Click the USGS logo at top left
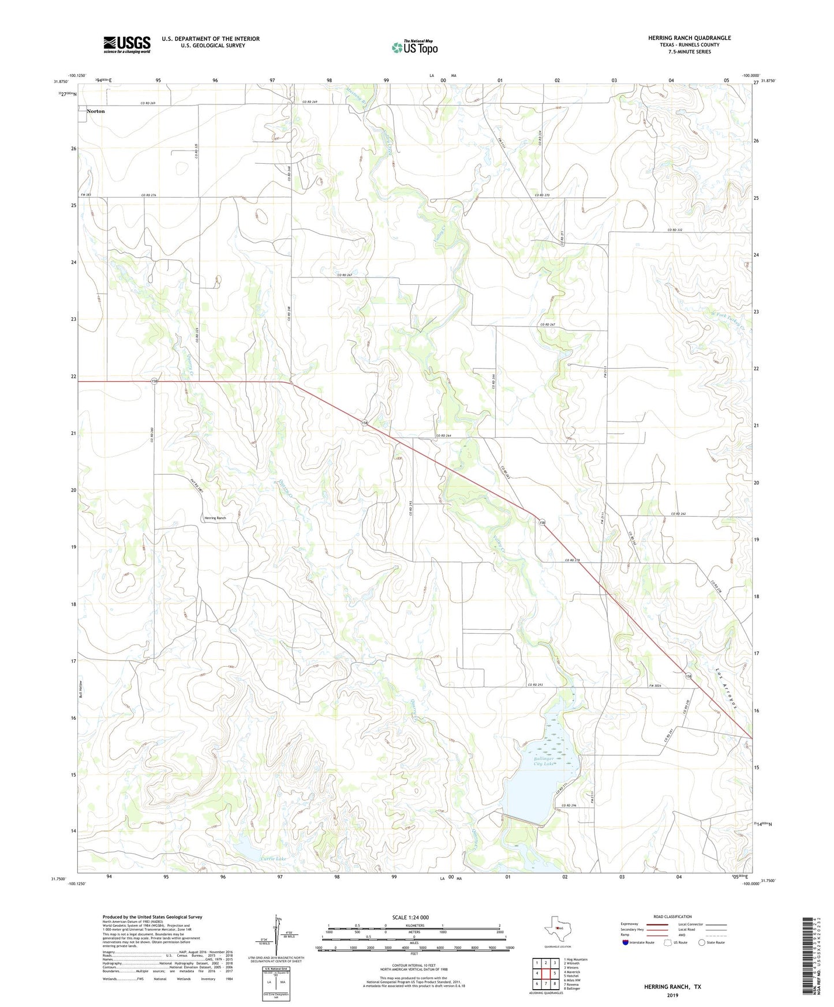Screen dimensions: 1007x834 (x=127, y=44)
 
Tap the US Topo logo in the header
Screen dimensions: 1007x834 (x=414, y=47)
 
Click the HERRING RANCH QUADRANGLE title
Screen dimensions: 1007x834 (x=689, y=38)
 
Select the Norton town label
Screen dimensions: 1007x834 (x=96, y=111)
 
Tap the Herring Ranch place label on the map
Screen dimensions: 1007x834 (x=215, y=518)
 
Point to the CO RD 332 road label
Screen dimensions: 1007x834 (x=675, y=230)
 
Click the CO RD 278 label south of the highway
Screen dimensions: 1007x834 (x=572, y=560)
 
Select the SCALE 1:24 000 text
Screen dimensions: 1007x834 (x=410, y=917)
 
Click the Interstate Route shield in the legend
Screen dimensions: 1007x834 (x=626, y=942)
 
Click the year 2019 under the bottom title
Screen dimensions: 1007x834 (x=672, y=995)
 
